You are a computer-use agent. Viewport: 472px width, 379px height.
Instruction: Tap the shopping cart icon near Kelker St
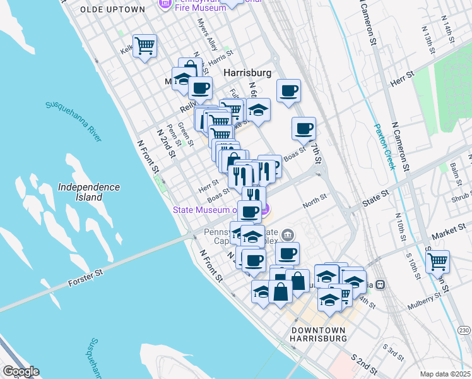tap(145, 46)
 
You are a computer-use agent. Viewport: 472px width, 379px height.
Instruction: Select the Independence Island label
tap(88, 192)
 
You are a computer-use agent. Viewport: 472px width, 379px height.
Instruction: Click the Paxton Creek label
tap(385, 147)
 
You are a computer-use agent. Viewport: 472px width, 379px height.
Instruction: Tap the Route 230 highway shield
tap(464, 330)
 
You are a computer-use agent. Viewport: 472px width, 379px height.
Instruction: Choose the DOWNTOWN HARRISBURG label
tap(319, 334)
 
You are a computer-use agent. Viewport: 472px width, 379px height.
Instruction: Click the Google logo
tap(20, 371)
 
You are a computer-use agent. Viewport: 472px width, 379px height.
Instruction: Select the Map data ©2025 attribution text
tap(444, 374)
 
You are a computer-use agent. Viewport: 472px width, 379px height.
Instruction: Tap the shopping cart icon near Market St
tap(437, 260)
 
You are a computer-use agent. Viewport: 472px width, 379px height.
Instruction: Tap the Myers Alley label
tap(207, 34)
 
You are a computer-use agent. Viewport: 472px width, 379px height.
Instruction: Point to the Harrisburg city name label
tap(248, 73)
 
